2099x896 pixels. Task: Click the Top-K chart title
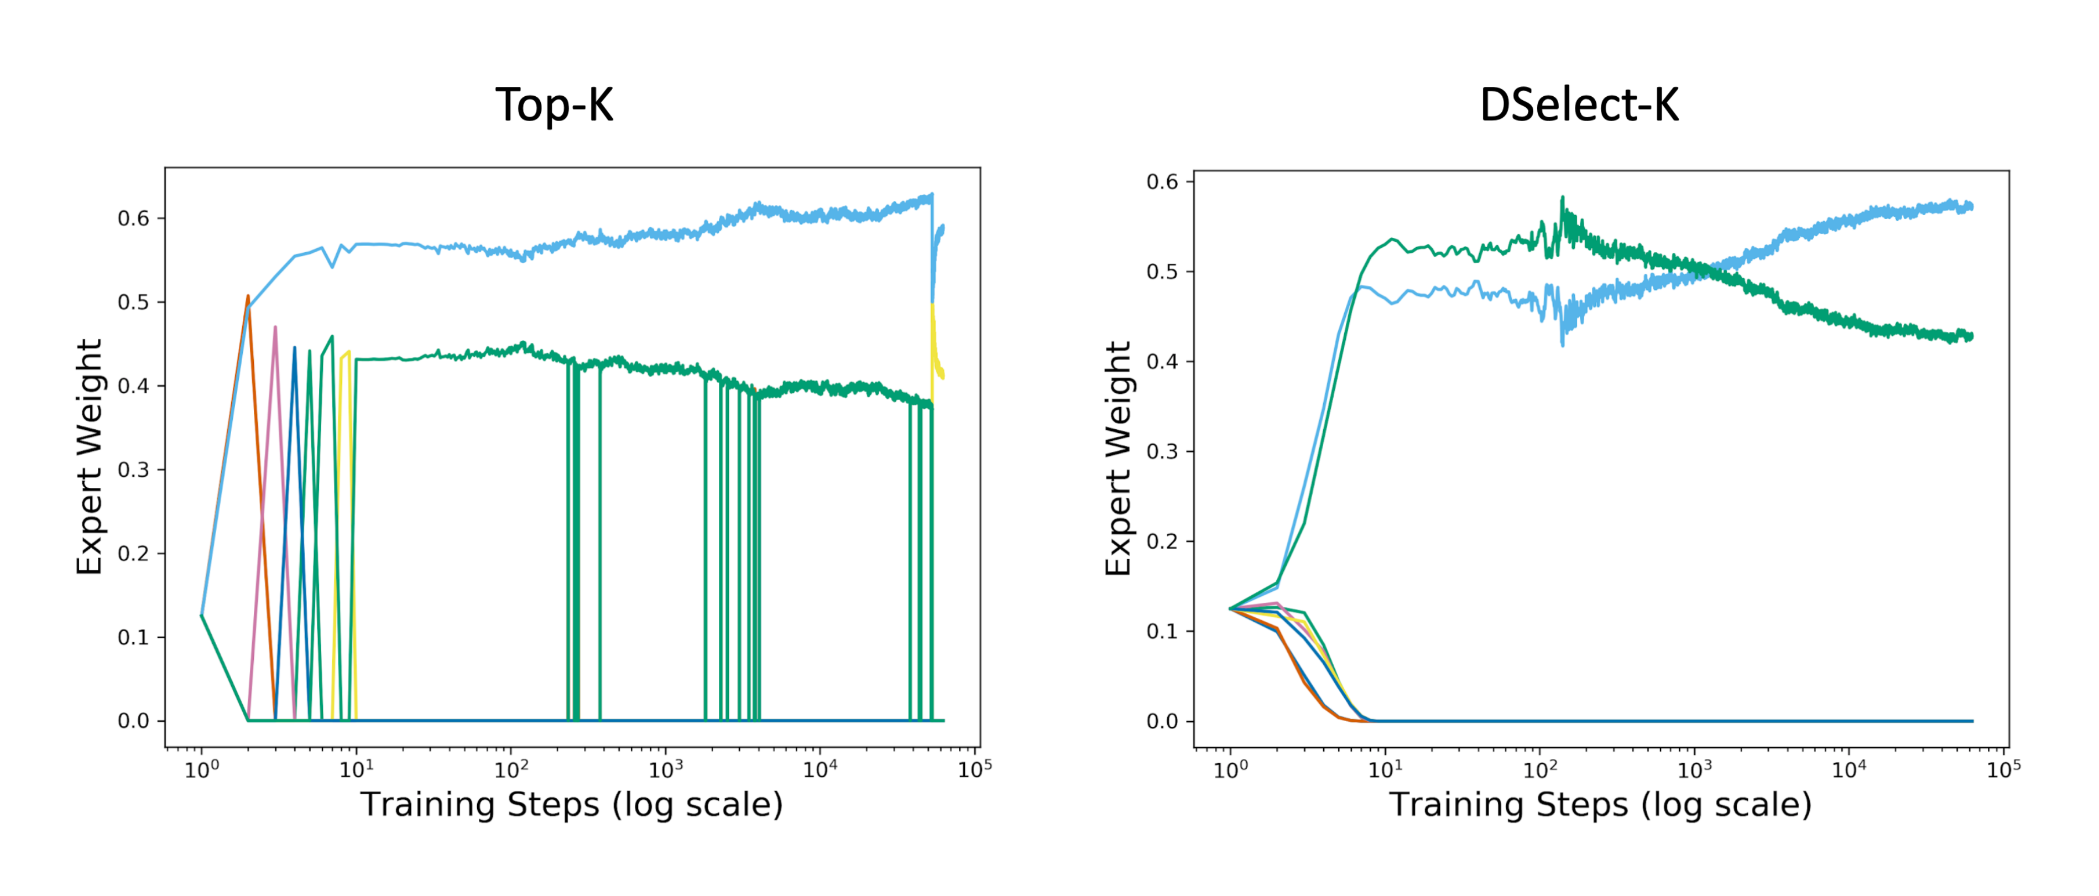(x=554, y=105)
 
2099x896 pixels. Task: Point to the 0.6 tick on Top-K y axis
(x=134, y=218)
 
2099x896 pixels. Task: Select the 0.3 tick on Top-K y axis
(x=134, y=470)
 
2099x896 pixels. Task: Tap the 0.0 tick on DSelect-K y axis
(x=1163, y=721)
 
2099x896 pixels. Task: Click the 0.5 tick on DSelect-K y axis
(x=1163, y=272)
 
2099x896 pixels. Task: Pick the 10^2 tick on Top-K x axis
(x=511, y=769)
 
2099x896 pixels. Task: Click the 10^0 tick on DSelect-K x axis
(x=1230, y=769)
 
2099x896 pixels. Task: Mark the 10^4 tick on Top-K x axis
(x=819, y=769)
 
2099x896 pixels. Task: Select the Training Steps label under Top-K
(x=571, y=805)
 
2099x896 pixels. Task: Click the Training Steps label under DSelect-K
(x=1600, y=805)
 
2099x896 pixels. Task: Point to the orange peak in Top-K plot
(x=248, y=298)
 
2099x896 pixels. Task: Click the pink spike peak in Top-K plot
(x=275, y=328)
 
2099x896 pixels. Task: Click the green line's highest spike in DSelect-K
(x=1562, y=198)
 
